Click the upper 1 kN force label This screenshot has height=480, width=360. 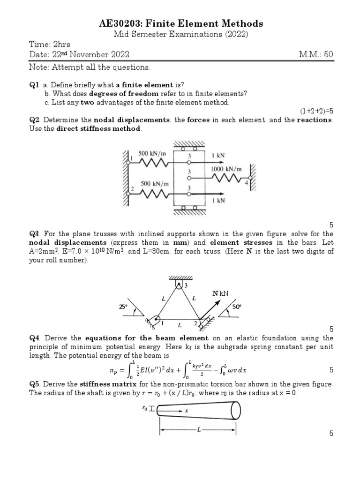pyautogui.click(x=217, y=155)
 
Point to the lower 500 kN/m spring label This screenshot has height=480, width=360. pyautogui.click(x=153, y=184)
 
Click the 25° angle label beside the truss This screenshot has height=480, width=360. pyautogui.click(x=123, y=307)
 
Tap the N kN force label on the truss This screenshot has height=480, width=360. pyautogui.click(x=220, y=293)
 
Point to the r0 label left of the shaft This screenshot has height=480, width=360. pyautogui.click(x=144, y=408)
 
